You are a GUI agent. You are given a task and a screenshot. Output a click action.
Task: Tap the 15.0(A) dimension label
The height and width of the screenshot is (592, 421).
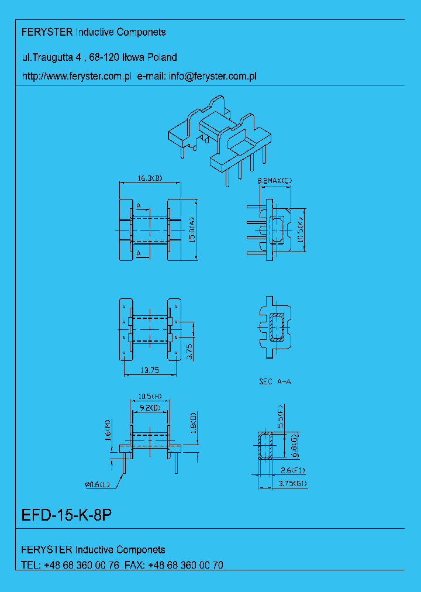click(191, 229)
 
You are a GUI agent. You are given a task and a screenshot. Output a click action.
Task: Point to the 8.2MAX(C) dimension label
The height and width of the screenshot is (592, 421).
click(274, 181)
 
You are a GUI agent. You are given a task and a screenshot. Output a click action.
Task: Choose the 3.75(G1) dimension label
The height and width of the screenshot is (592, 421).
click(292, 484)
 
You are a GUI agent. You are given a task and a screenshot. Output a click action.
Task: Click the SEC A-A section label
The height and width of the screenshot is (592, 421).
click(275, 381)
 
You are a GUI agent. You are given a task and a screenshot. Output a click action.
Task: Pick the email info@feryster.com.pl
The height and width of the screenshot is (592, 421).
click(213, 76)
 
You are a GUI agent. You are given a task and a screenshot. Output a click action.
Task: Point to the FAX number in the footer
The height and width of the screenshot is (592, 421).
click(185, 565)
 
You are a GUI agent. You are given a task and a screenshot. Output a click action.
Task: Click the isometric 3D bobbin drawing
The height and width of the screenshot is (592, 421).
click(220, 140)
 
